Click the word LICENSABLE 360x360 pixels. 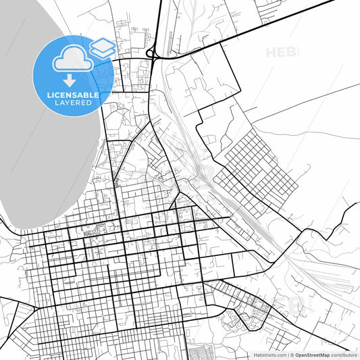(x=73, y=95)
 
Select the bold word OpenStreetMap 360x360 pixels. (x=312, y=355)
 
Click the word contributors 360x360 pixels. (x=344, y=355)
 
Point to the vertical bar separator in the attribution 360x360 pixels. (x=286, y=355)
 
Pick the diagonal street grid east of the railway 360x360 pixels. (x=260, y=162)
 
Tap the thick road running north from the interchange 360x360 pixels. (x=160, y=20)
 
